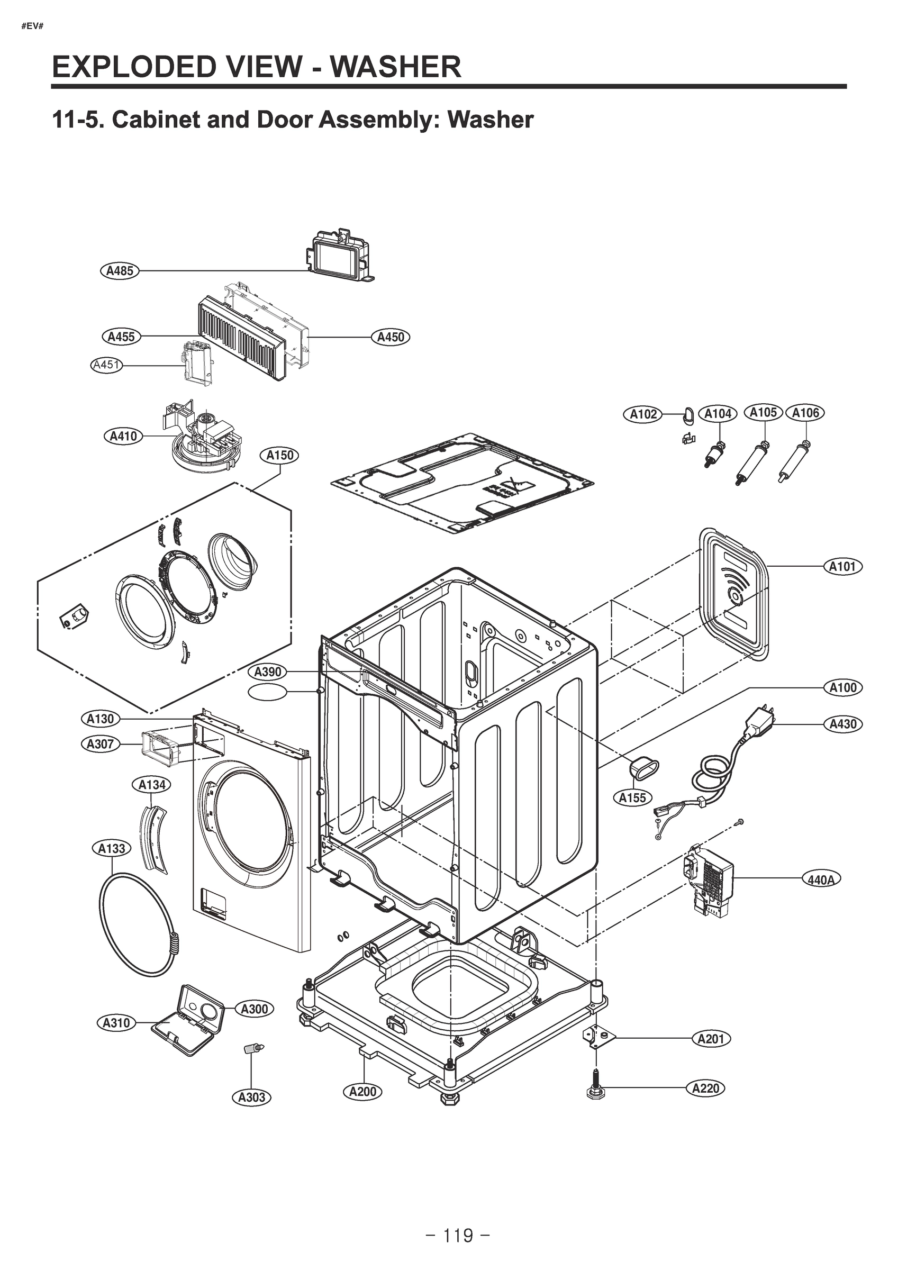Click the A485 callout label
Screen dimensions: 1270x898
tap(120, 271)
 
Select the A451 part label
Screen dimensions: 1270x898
tap(106, 365)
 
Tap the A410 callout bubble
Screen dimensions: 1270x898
tap(123, 437)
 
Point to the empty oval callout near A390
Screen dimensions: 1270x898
tap(268, 692)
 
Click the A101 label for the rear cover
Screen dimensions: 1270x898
tap(842, 566)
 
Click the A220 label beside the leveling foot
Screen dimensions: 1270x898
tap(705, 1088)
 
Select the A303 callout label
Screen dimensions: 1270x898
tap(251, 1097)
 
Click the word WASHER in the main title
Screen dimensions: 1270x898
tap(396, 67)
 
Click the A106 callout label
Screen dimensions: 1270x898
tap(805, 413)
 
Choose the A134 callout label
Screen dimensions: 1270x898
tap(151, 784)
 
